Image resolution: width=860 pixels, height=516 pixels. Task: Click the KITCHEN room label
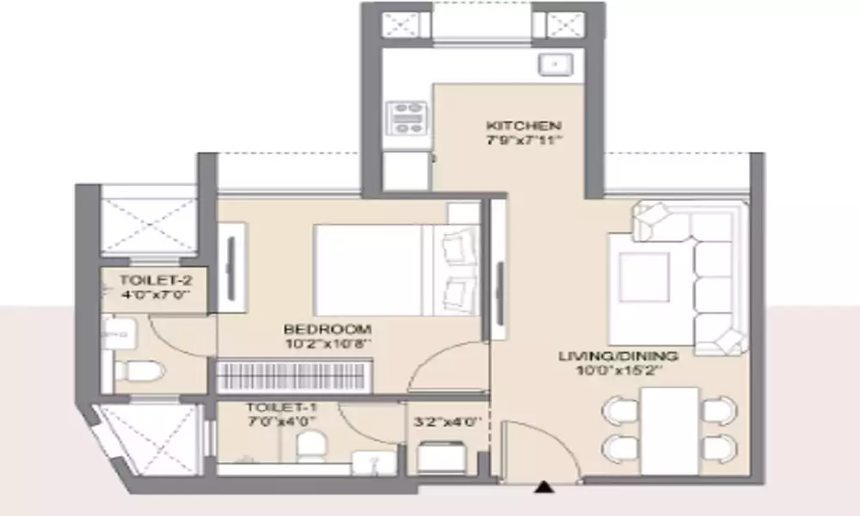coord(523,126)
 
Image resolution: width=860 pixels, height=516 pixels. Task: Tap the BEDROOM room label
coord(328,329)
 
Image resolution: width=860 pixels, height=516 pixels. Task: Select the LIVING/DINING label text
coord(618,356)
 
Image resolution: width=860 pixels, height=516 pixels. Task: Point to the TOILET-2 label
coord(156,280)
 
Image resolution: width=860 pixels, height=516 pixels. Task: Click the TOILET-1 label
coord(282,408)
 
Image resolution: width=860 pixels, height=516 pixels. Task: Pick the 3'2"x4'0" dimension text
coord(447,422)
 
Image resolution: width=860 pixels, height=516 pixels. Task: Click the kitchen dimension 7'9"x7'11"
coord(525,140)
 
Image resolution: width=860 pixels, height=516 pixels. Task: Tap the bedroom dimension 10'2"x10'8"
coord(329,344)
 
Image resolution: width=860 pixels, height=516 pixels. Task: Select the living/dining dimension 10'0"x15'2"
coord(620,370)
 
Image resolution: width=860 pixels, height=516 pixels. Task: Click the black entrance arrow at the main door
coord(544,487)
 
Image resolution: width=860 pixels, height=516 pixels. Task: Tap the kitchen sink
coord(555,64)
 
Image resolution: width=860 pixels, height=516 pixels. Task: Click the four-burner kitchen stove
coord(407,118)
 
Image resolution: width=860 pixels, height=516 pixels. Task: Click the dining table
coord(670,431)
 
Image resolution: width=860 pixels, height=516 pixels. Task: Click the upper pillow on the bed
coord(458,242)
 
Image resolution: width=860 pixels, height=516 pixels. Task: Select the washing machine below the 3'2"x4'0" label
coord(442,456)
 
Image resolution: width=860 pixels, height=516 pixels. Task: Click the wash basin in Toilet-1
coord(374,463)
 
